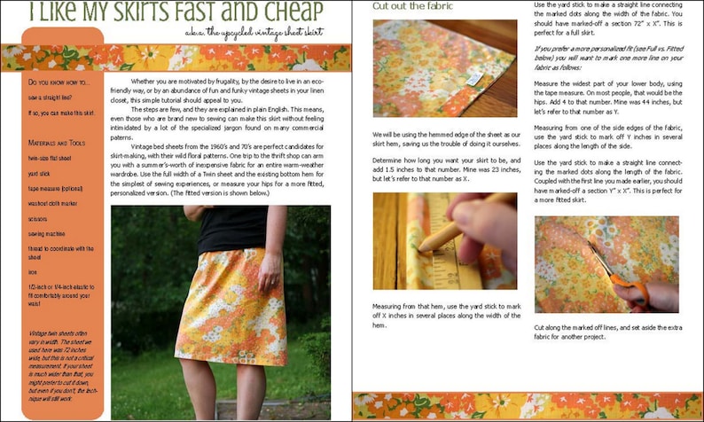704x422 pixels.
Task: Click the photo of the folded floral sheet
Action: point(444,68)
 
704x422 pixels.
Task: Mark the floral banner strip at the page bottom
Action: point(527,405)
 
